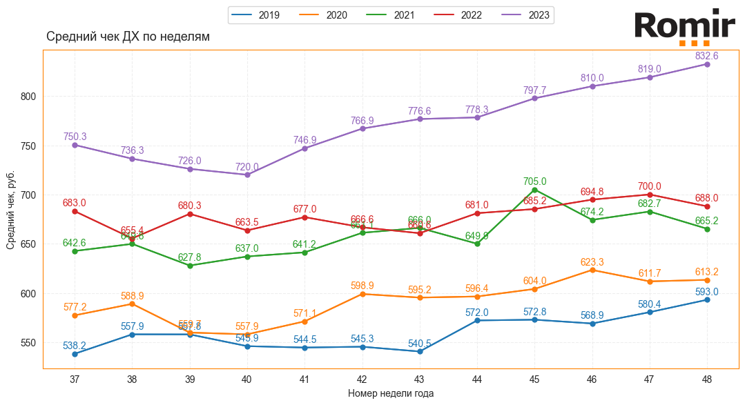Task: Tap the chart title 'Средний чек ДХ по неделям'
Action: point(128,37)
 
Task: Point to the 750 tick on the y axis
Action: point(29,146)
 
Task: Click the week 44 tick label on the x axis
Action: point(477,379)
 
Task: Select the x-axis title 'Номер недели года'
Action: point(391,393)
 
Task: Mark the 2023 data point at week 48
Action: point(707,64)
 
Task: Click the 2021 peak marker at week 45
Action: point(534,190)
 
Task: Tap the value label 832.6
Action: point(707,55)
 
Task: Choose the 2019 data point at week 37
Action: point(75,354)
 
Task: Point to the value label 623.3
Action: point(592,261)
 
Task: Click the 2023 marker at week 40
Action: point(247,175)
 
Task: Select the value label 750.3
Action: point(75,137)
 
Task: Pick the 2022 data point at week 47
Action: point(650,195)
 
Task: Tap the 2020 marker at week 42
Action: point(362,294)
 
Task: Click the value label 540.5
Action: point(419,343)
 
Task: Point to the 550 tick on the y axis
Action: point(29,343)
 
